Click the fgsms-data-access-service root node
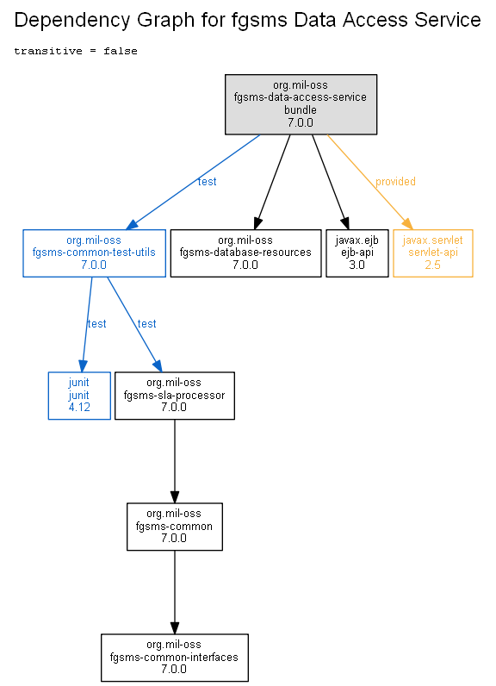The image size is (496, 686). pyautogui.click(x=301, y=104)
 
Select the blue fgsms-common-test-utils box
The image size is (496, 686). pyautogui.click(x=94, y=253)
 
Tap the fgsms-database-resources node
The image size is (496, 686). pyautogui.click(x=245, y=253)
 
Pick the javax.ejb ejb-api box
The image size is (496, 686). pyautogui.click(x=357, y=253)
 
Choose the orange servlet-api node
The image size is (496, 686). pyautogui.click(x=432, y=253)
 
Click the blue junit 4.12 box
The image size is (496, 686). pyautogui.click(x=79, y=396)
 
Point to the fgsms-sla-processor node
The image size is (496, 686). pyautogui.click(x=174, y=396)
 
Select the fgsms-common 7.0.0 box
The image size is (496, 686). pyautogui.click(x=174, y=527)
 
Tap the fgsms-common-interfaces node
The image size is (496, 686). pyautogui.click(x=174, y=657)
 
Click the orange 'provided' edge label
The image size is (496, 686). pyautogui.click(x=395, y=182)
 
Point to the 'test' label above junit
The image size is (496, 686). pyautogui.click(x=96, y=324)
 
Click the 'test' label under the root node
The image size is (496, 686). pyautogui.click(x=208, y=182)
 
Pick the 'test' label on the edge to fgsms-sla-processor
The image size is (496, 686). pyautogui.click(x=147, y=324)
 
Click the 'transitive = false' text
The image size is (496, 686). pyautogui.click(x=76, y=51)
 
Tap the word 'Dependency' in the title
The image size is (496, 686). pyautogui.click(x=72, y=21)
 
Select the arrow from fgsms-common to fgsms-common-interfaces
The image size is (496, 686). pyautogui.click(x=174, y=592)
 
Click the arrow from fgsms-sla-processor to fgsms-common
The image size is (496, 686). pyautogui.click(x=174, y=461)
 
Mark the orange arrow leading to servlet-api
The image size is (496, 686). pyautogui.click(x=370, y=182)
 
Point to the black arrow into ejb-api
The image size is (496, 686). pyautogui.click(x=331, y=182)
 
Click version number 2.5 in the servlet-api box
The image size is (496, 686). pyautogui.click(x=432, y=265)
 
